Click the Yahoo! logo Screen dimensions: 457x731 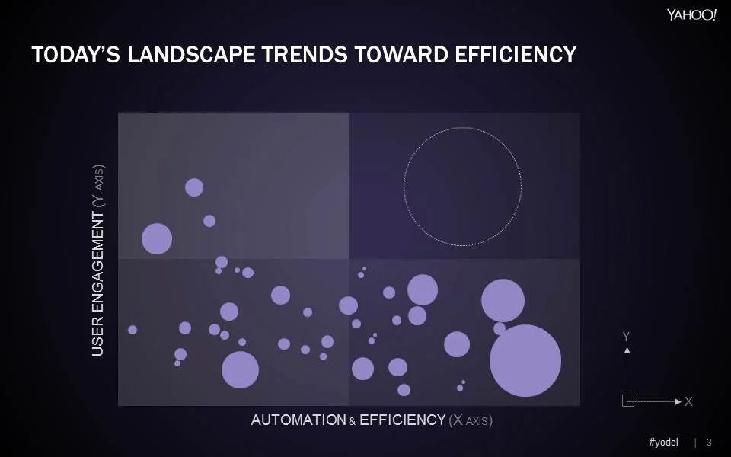(x=691, y=16)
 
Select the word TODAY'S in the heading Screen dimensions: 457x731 (x=67, y=55)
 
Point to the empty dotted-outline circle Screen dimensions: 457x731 (x=462, y=187)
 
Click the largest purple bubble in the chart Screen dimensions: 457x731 (x=525, y=360)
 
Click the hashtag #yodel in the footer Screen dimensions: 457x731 (x=663, y=443)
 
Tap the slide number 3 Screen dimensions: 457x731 (x=710, y=443)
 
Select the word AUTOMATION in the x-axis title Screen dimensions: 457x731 (x=298, y=420)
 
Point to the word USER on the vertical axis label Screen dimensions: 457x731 (x=97, y=335)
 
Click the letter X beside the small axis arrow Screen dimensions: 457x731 (x=688, y=401)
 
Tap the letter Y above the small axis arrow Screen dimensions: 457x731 (x=626, y=336)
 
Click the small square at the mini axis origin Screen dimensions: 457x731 (x=627, y=401)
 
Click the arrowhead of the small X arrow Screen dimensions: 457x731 (x=678, y=401)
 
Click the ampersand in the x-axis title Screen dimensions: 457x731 (x=353, y=421)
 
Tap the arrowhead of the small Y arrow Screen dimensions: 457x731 (x=627, y=350)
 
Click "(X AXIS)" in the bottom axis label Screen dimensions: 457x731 (x=470, y=420)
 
